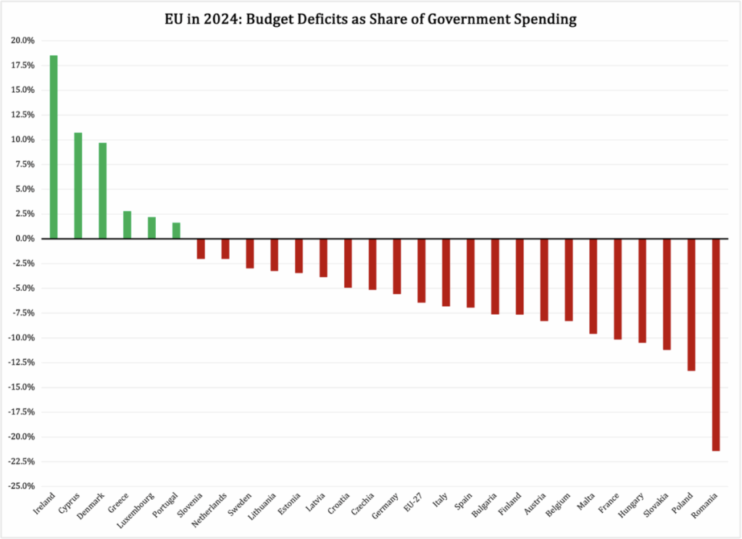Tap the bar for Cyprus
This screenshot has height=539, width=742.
[x=78, y=186]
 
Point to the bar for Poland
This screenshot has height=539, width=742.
[x=691, y=305]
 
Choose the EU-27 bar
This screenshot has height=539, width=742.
[x=421, y=270]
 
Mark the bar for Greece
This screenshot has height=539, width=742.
[x=127, y=225]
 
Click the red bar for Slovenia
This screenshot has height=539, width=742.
[x=201, y=249]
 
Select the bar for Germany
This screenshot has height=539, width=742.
[x=397, y=266]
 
